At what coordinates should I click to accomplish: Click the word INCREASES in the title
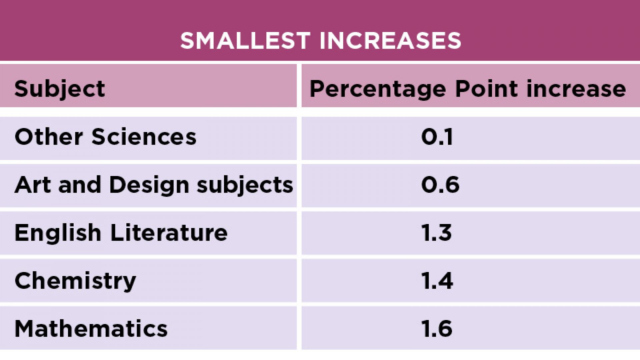pyautogui.click(x=390, y=41)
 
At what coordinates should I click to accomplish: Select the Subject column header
pyautogui.click(x=60, y=89)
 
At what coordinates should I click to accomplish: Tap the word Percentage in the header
pyautogui.click(x=378, y=89)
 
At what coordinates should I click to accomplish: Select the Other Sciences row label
pyautogui.click(x=105, y=137)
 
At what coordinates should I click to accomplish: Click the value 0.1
pyautogui.click(x=437, y=137)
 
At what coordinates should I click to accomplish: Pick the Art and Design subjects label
pyautogui.click(x=154, y=185)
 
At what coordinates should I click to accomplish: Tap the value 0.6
pyautogui.click(x=440, y=185)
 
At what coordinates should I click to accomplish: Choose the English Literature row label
pyautogui.click(x=121, y=233)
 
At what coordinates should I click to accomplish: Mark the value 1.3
pyautogui.click(x=437, y=233)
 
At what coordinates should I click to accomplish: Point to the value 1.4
pyautogui.click(x=437, y=281)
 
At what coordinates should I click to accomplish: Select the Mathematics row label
pyautogui.click(x=91, y=329)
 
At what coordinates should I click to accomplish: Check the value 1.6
pyautogui.click(x=437, y=329)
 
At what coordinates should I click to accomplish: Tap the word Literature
pyautogui.click(x=169, y=233)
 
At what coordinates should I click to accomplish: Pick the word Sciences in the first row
pyautogui.click(x=144, y=137)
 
